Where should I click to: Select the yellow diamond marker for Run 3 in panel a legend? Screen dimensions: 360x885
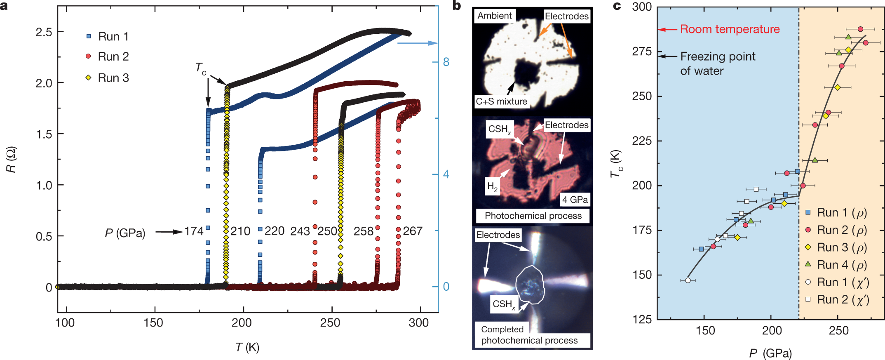[x=88, y=78]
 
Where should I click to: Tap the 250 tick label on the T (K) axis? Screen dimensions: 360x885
[x=330, y=323]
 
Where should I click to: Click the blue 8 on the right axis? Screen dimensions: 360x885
[x=446, y=62]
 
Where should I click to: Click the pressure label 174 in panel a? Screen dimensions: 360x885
[x=194, y=231]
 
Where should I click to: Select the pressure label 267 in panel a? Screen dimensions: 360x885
[x=413, y=231]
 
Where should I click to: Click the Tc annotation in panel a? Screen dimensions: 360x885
[x=201, y=68]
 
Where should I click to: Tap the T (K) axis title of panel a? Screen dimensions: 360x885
[x=247, y=348]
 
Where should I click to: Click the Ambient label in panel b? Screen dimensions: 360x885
[x=494, y=16]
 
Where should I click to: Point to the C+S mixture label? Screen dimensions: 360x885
[x=501, y=101]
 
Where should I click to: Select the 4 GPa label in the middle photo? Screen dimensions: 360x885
[x=575, y=200]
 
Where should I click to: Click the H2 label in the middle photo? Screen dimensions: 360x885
[x=492, y=187]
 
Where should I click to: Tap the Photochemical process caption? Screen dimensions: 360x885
[x=533, y=216]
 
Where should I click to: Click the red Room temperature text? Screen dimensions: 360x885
[x=730, y=29]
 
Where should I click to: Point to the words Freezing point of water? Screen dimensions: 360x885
[x=717, y=64]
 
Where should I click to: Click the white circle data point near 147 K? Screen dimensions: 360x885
[x=688, y=280]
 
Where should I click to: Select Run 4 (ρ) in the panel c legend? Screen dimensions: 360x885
[x=841, y=265]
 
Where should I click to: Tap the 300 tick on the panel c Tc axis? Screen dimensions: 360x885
[x=642, y=7]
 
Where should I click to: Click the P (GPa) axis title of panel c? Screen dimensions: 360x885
[x=770, y=353]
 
